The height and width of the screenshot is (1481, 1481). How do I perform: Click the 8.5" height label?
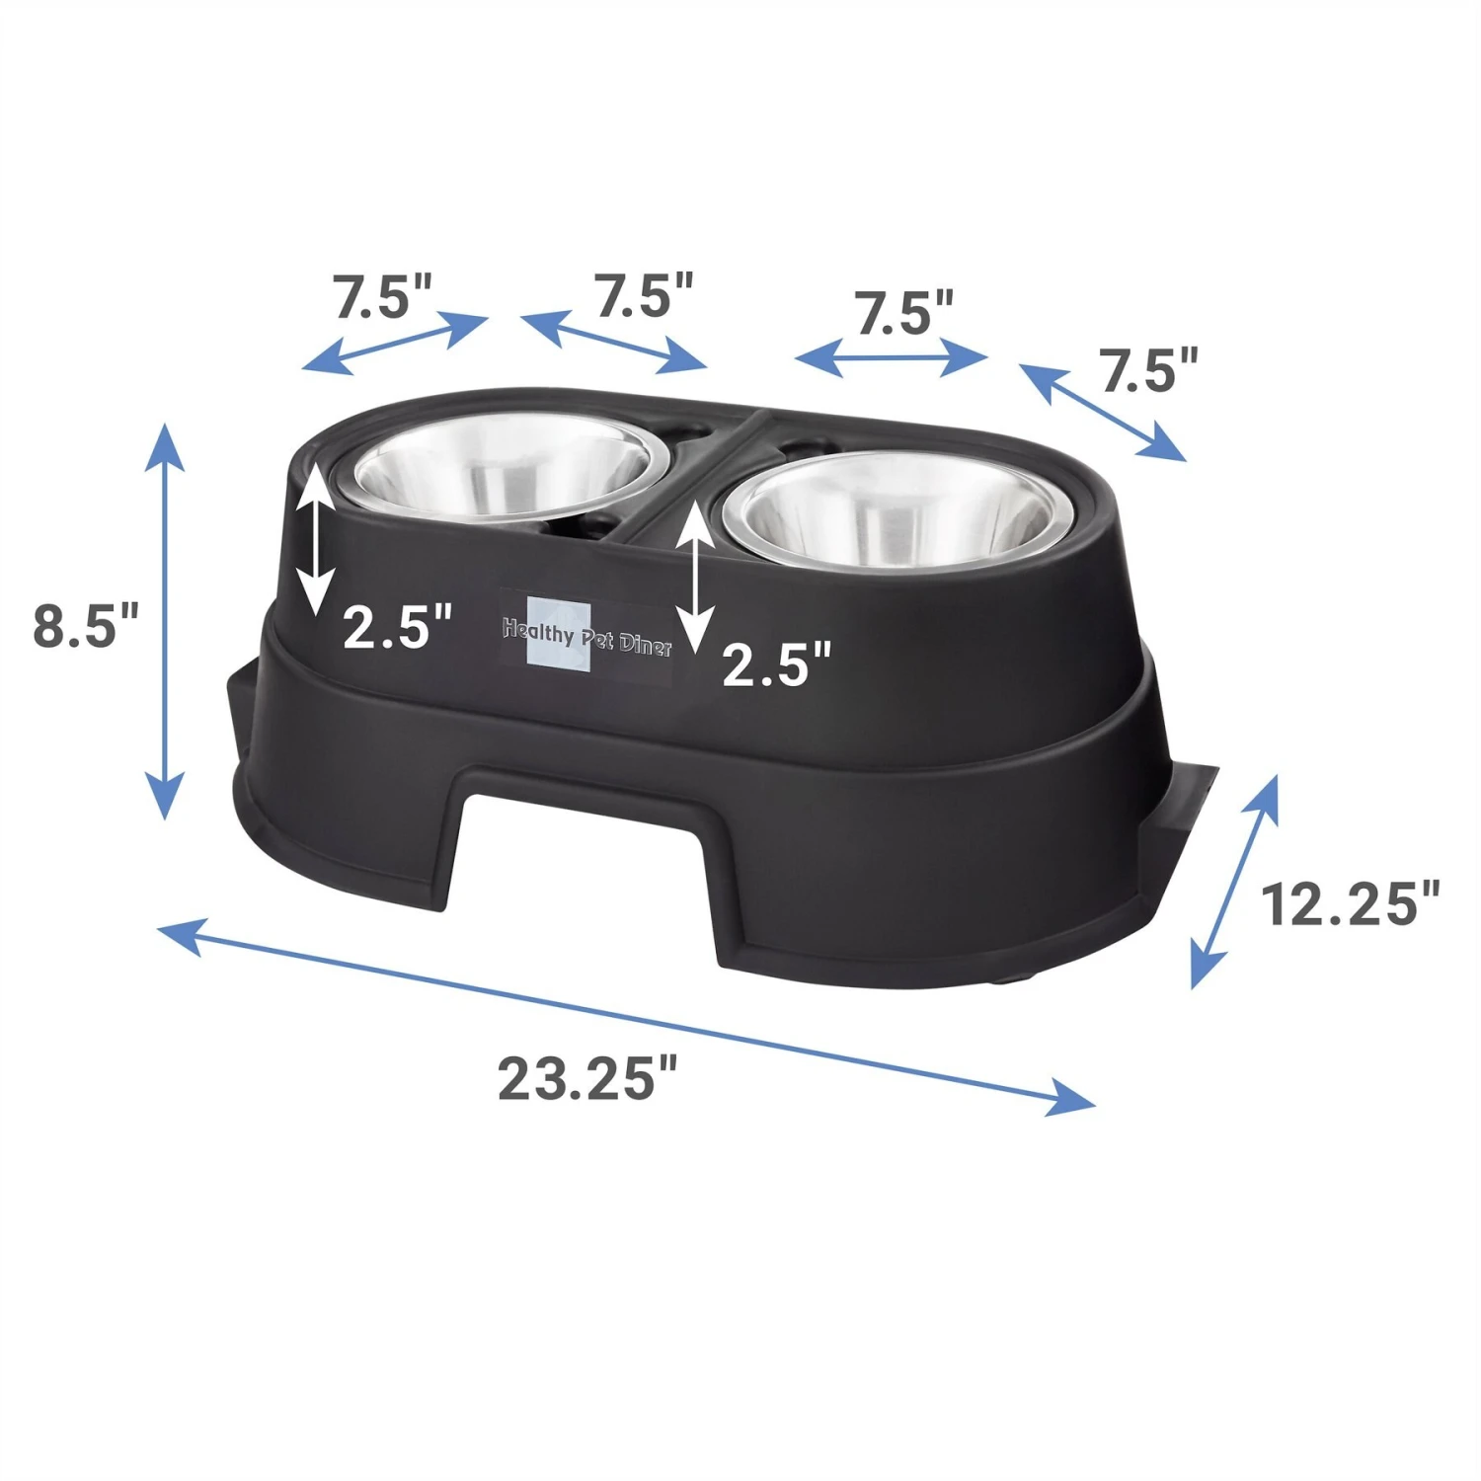tap(86, 625)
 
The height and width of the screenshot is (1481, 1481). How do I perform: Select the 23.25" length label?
tap(588, 1078)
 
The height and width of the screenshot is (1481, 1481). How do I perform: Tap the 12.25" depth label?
tap(1350, 903)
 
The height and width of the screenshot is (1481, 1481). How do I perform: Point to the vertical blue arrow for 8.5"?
tap(165, 621)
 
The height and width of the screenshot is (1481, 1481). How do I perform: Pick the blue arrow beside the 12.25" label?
tap(1234, 882)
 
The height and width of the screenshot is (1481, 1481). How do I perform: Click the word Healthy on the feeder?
tap(538, 631)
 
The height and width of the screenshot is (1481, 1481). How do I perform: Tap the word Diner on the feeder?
tap(646, 645)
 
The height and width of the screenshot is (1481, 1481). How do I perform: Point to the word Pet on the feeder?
tap(596, 638)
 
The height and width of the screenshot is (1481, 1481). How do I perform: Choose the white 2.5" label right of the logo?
tap(777, 663)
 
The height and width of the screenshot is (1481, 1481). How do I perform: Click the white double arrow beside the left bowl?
tap(315, 540)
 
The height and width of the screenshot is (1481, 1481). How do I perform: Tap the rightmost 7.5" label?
tap(1148, 371)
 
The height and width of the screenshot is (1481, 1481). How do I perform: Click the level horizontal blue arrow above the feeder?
tap(891, 357)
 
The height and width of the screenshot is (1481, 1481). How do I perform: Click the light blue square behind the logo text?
tap(559, 635)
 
